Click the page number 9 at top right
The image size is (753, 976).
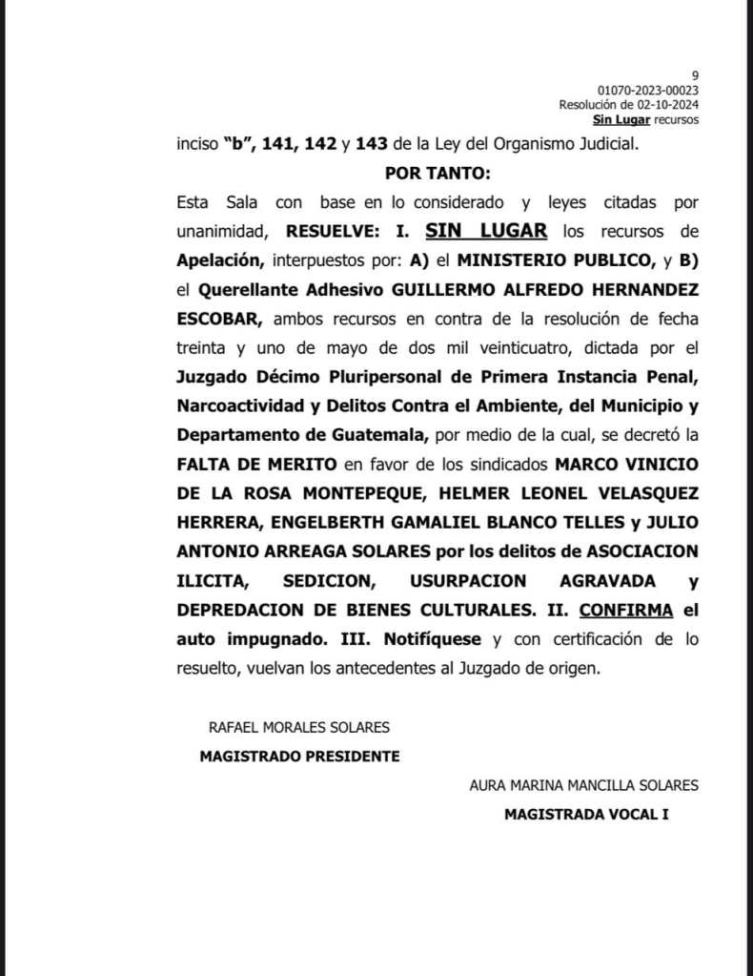[x=696, y=75]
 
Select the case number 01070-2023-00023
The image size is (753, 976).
[x=648, y=91]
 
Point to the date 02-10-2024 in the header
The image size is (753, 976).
[x=665, y=105]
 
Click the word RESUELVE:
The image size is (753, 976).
[x=333, y=231]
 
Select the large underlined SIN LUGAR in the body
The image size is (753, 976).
[x=486, y=230]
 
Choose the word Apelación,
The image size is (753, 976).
[x=220, y=260]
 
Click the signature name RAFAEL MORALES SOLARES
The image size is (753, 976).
[x=299, y=727]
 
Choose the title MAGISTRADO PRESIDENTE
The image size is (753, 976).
[x=299, y=757]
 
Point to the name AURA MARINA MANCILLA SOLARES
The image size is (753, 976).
[x=584, y=785]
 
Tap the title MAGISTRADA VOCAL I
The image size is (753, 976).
[x=586, y=815]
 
